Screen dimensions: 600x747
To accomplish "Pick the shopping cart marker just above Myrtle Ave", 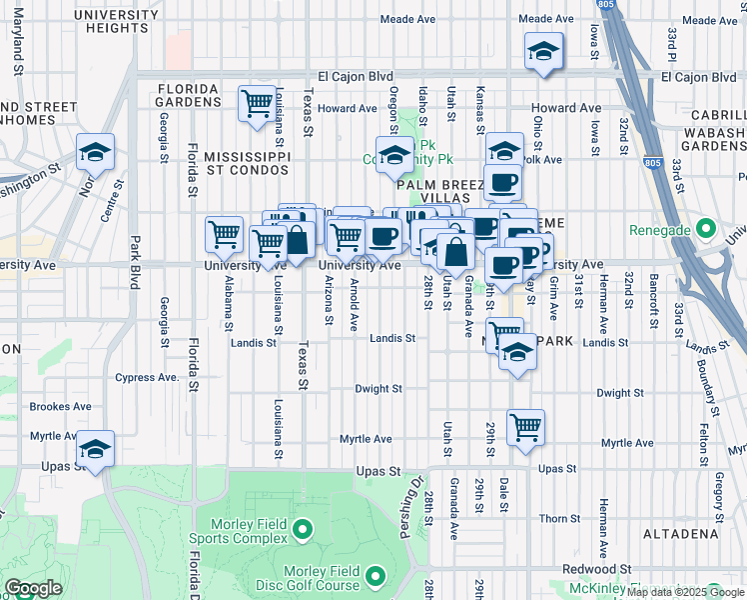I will point(525,427).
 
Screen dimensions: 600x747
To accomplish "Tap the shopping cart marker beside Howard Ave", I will point(257,103).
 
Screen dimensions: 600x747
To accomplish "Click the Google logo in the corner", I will point(33,588).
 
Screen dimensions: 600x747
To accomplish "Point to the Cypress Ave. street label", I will point(147,378).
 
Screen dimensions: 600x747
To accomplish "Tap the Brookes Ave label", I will point(61,407).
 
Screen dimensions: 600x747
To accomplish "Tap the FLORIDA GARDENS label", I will point(189,95).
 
